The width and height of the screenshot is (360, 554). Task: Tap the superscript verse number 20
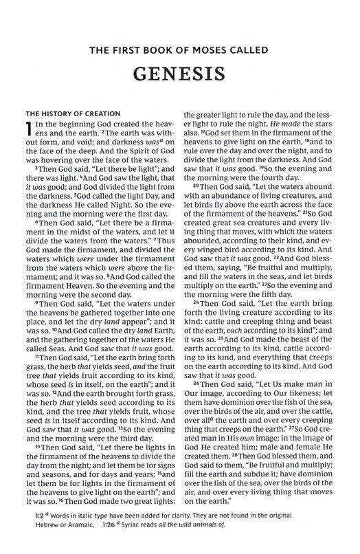196,186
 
